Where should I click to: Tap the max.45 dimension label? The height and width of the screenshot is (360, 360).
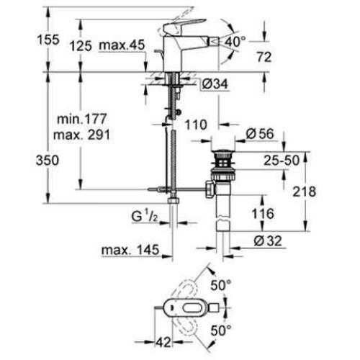click(124, 46)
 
